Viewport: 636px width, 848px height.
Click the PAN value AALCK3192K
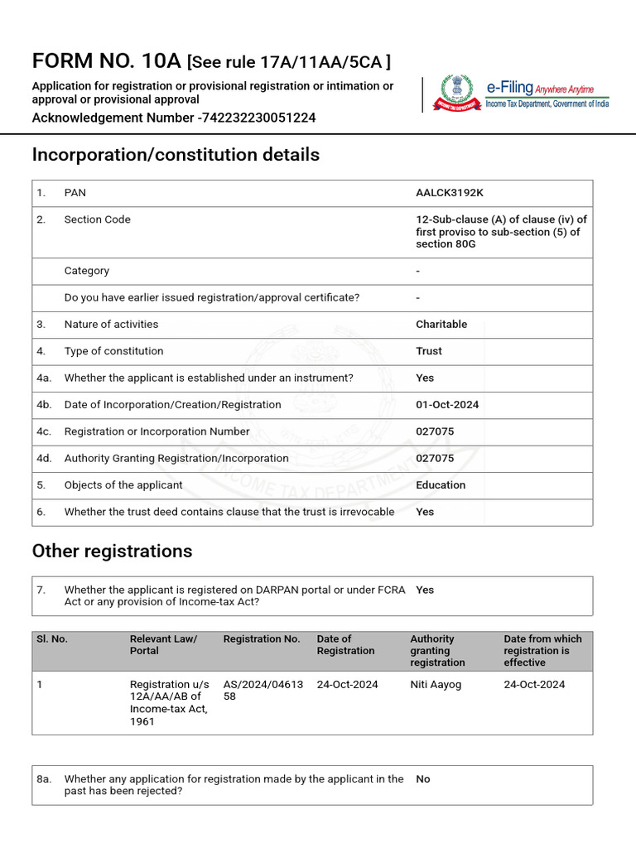449,193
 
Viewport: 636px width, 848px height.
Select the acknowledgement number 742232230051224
259,118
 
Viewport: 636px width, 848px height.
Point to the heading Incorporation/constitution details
176,155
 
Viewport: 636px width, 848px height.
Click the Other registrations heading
112,552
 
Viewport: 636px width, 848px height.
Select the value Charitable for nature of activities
441,325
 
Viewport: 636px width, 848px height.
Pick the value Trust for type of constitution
429,351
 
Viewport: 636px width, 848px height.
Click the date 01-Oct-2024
447,405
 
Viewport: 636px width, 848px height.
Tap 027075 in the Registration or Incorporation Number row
435,431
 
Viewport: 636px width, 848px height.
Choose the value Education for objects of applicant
441,485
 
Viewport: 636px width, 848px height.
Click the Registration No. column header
262,639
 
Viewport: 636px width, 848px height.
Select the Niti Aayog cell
436,685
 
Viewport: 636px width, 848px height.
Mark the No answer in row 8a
423,779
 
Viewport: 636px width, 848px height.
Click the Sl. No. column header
52,639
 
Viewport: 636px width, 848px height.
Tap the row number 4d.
44,459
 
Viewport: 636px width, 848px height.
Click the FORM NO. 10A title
107,61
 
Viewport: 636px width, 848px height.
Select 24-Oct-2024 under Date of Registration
347,685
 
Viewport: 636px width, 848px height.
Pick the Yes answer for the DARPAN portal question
425,590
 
